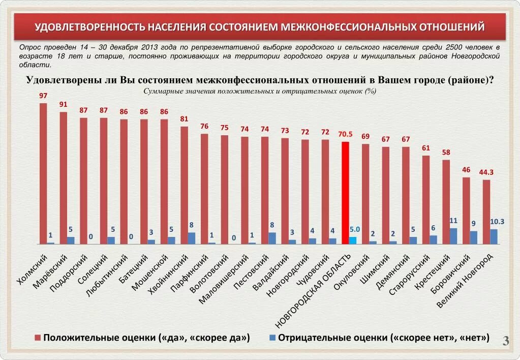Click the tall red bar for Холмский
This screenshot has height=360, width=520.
point(43,173)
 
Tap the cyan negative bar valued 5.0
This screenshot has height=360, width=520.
point(353,240)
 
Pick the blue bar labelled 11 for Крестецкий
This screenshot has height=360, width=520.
point(453,236)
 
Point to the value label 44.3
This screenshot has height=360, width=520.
point(486,172)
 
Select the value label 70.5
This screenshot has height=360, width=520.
point(345,134)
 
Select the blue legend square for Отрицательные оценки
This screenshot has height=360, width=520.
point(272,338)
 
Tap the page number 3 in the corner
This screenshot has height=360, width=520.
point(506,341)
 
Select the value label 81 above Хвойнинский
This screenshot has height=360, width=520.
point(184,119)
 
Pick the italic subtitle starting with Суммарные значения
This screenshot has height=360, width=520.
point(260,91)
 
